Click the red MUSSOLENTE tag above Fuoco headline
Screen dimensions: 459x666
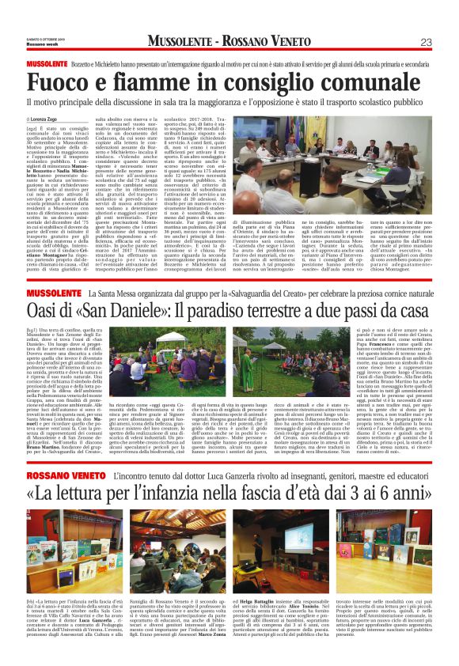tap(48, 62)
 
